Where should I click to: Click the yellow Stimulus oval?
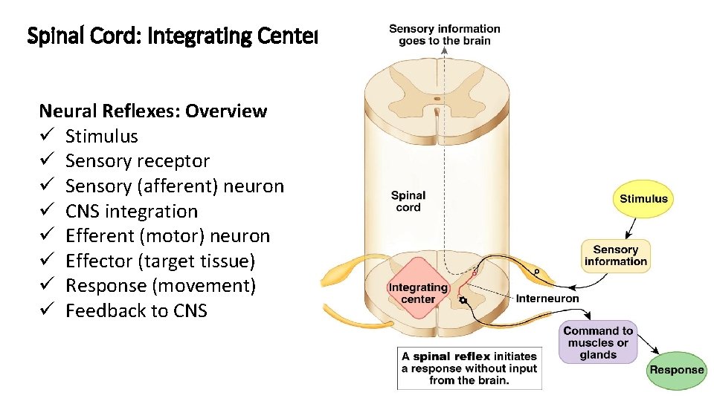click(x=643, y=198)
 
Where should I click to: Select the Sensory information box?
click(x=616, y=255)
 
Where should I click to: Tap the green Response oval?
click(x=676, y=370)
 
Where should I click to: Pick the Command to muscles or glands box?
click(x=598, y=342)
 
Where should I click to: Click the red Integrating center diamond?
click(x=417, y=293)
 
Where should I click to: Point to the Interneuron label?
click(x=547, y=299)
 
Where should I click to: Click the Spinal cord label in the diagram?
click(x=408, y=201)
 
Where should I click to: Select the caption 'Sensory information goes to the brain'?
click(x=445, y=35)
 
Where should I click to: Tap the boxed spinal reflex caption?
click(x=469, y=368)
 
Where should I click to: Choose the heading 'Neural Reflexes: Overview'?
click(x=152, y=111)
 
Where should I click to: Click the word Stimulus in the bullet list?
click(x=102, y=137)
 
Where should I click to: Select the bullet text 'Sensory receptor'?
click(x=138, y=161)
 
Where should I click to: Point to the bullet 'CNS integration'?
click(x=132, y=212)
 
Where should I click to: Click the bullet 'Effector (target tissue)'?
click(x=160, y=261)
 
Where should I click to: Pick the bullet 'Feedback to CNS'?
click(x=136, y=311)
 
